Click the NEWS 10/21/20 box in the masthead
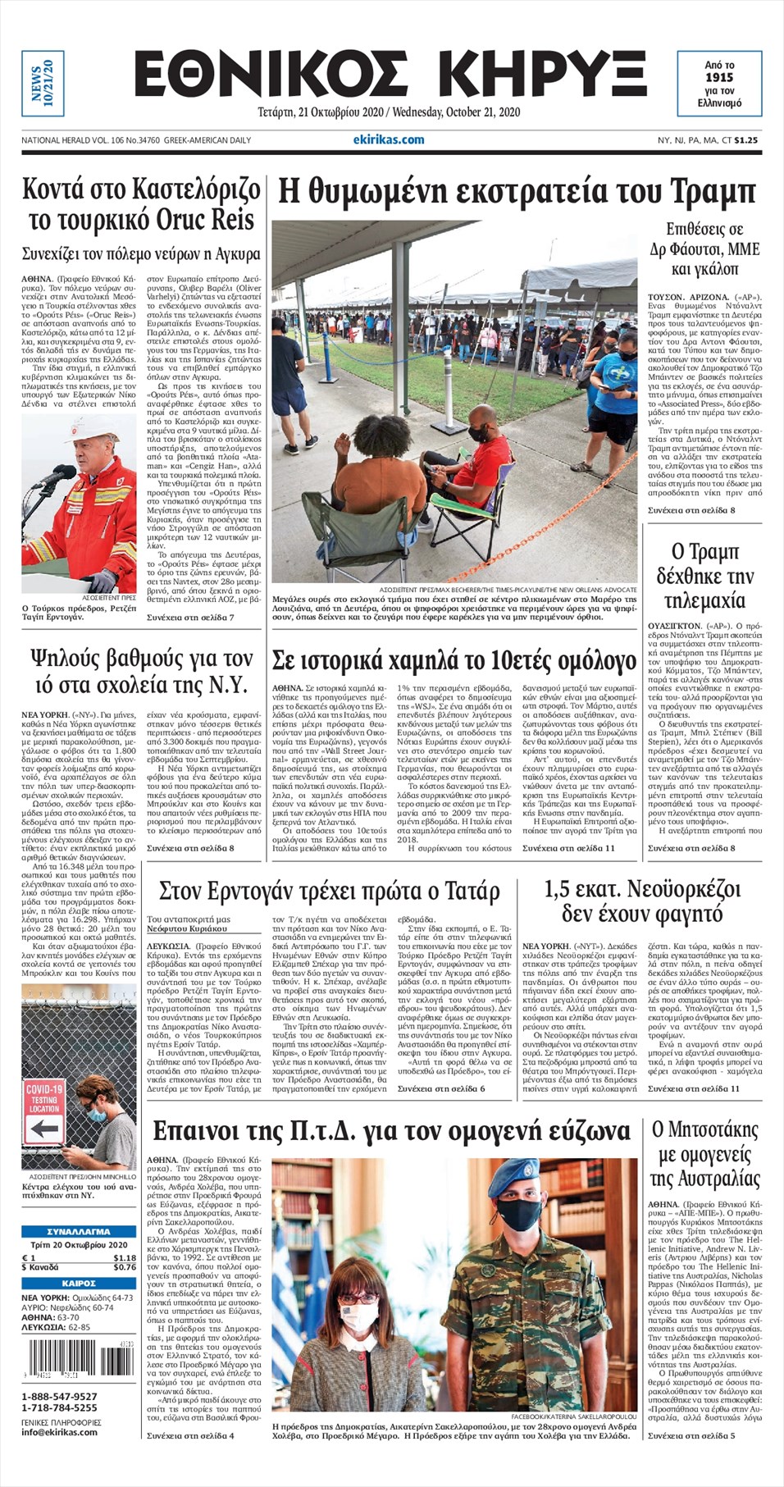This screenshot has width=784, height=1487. [x=43, y=83]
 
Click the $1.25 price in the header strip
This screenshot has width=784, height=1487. [x=745, y=140]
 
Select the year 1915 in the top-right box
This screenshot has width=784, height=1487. [x=719, y=77]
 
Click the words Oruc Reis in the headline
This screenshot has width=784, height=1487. [x=212, y=221]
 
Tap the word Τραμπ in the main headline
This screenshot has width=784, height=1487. [x=713, y=192]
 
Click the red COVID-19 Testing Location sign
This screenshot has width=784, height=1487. [x=43, y=1098]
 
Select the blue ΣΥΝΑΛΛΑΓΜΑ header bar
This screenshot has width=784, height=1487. [x=79, y=1231]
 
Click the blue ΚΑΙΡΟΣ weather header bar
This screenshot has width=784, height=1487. [x=79, y=1283]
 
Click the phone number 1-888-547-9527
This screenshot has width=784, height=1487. [x=59, y=1396]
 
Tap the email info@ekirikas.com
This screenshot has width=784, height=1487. [x=60, y=1432]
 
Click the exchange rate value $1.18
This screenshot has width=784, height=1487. [x=125, y=1257]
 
